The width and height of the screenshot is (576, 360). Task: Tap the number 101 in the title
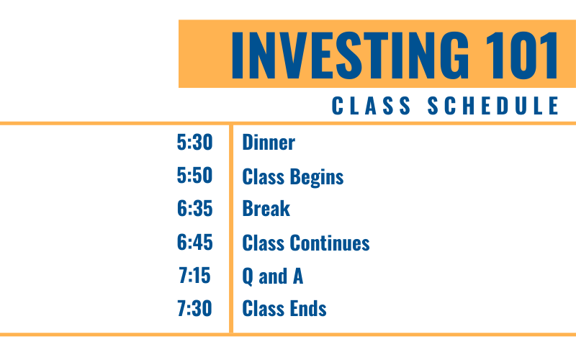point(522,55)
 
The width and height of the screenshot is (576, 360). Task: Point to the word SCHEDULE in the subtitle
point(493,106)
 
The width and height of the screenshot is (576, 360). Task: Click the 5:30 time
point(194,142)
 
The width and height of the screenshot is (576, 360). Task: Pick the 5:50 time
point(194,175)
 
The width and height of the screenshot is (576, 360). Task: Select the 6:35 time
point(194,208)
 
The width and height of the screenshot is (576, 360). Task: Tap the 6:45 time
point(194,242)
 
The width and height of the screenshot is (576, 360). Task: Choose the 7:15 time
point(194,275)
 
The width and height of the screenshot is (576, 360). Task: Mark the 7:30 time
point(194,308)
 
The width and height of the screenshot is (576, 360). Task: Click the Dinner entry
point(269,142)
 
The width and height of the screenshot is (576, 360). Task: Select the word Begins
point(317,177)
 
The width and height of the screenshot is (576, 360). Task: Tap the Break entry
point(266,208)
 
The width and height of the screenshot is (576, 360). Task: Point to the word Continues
point(330,243)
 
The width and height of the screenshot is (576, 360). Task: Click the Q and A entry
point(273,276)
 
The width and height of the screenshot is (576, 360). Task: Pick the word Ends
point(308,308)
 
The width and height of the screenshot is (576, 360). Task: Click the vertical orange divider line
point(231,229)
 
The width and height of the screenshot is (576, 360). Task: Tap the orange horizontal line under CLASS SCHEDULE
point(288,123)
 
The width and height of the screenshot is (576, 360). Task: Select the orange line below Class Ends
point(288,335)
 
